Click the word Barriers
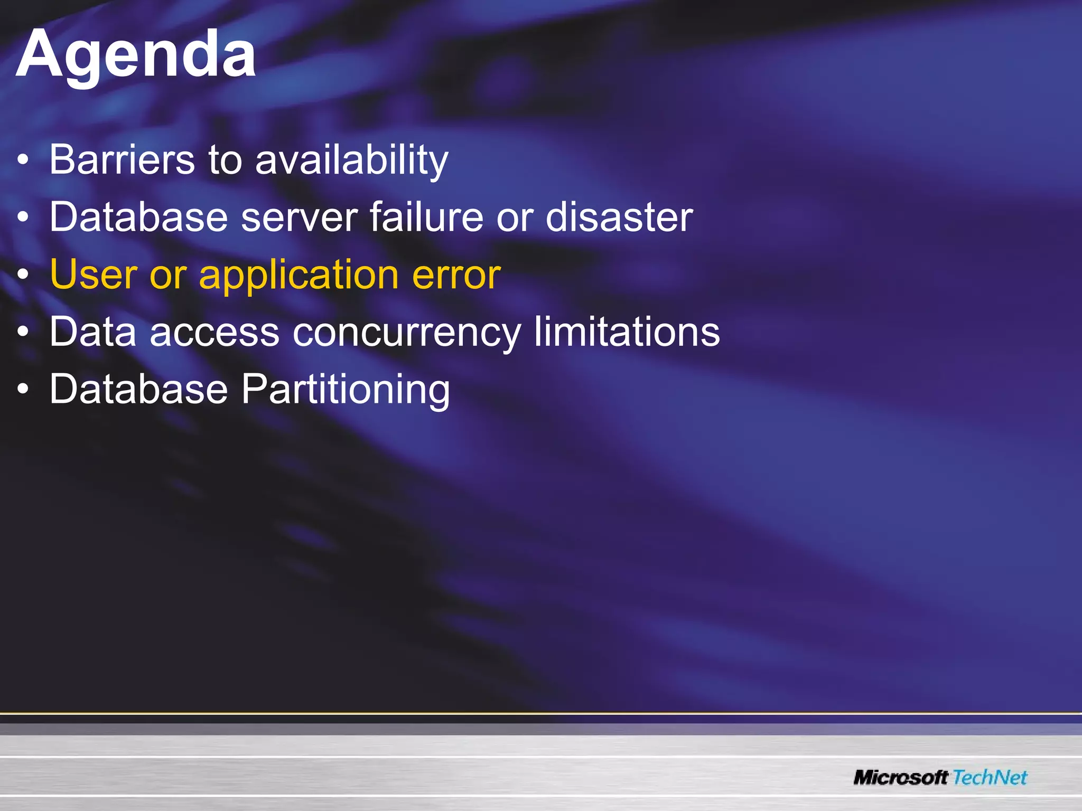coord(122,159)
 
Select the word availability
coord(352,161)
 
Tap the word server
coord(300,217)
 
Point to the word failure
coord(426,217)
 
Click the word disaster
coord(619,217)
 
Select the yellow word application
coord(299,276)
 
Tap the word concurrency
coord(406,333)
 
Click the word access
coord(214,333)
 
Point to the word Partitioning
coord(346,390)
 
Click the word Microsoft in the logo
coord(900,777)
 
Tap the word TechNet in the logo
coord(990,777)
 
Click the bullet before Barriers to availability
coord(22,161)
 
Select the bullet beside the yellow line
coord(22,275)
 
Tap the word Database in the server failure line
coord(138,217)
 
